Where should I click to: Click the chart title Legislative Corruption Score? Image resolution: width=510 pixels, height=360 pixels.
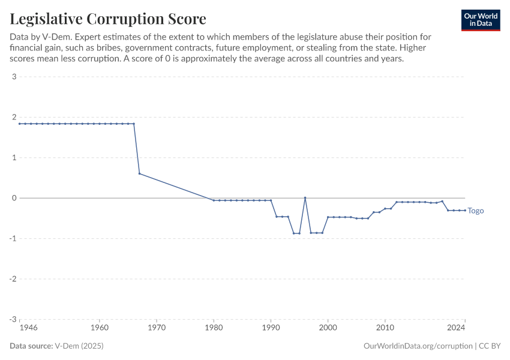pyautogui.click(x=108, y=19)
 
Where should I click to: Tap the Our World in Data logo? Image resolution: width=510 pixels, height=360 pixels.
pyautogui.click(x=481, y=20)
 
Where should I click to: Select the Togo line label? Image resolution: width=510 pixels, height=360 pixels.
pyautogui.click(x=476, y=211)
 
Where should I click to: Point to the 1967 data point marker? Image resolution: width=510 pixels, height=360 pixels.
pyautogui.click(x=139, y=173)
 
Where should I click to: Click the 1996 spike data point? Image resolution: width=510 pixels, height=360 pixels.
pyautogui.click(x=305, y=197)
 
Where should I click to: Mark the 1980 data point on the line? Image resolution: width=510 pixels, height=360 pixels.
pyautogui.click(x=214, y=200)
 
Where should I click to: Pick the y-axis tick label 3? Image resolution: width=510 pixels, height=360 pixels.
pyautogui.click(x=13, y=76)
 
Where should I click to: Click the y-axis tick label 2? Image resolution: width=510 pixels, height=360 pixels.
pyautogui.click(x=13, y=117)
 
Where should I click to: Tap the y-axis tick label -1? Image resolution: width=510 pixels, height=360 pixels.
pyautogui.click(x=12, y=239)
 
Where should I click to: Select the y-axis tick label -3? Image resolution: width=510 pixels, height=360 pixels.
pyautogui.click(x=12, y=320)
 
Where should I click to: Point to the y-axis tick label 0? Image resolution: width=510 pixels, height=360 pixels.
pyautogui.click(x=13, y=198)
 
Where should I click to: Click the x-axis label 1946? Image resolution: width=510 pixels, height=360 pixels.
pyautogui.click(x=28, y=328)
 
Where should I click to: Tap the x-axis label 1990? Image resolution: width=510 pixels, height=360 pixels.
pyautogui.click(x=271, y=328)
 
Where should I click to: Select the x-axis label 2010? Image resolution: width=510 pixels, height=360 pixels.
pyautogui.click(x=385, y=328)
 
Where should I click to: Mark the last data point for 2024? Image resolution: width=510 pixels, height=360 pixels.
pyautogui.click(x=465, y=210)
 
